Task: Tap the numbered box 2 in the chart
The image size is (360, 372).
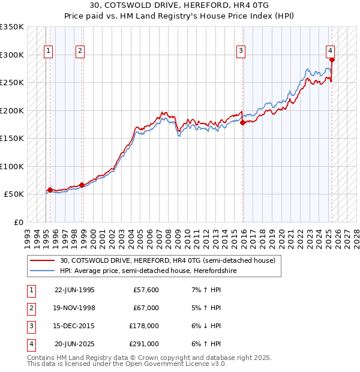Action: click(80, 52)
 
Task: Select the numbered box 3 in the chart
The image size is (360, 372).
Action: click(240, 52)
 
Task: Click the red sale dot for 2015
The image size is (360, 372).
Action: click(243, 122)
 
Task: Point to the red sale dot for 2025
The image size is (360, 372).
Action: click(332, 59)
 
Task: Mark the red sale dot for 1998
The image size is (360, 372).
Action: click(82, 185)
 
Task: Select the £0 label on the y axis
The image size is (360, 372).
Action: click(18, 222)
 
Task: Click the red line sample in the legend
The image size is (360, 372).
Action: click(43, 260)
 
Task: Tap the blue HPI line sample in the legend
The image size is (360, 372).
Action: click(43, 271)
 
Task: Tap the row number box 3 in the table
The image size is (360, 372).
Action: click(31, 326)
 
